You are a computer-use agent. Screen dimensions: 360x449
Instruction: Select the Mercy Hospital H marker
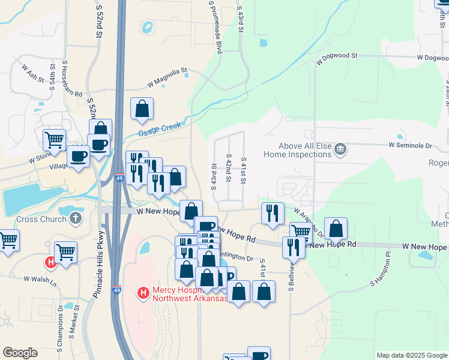(143, 293)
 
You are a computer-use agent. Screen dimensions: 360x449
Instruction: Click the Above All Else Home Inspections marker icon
(340, 148)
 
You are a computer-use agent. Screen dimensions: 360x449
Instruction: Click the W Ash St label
(33, 73)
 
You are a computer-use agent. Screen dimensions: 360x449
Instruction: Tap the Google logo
(20, 353)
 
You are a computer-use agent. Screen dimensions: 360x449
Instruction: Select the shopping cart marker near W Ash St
(55, 139)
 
